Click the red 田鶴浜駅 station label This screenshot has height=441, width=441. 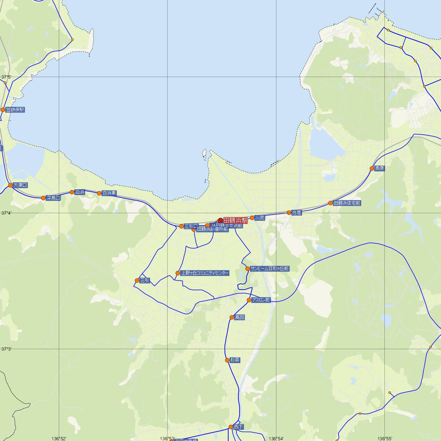click(236, 220)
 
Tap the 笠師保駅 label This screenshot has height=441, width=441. click(15, 110)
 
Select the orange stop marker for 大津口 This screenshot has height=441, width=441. click(10, 185)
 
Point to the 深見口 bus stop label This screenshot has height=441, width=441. click(53, 198)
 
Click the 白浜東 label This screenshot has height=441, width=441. click(109, 193)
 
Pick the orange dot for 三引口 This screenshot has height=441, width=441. click(181, 226)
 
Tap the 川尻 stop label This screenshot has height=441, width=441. click(259, 218)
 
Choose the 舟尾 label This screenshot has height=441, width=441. click(297, 212)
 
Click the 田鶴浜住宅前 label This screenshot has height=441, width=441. click(347, 203)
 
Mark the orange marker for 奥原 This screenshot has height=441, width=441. click(372, 168)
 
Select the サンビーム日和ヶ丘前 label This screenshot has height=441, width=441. click(270, 269)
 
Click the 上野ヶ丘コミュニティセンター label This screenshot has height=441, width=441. click(205, 273)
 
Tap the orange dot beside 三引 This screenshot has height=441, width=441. click(137, 280)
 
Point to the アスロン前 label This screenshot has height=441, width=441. click(261, 300)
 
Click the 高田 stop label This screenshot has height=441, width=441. click(239, 317)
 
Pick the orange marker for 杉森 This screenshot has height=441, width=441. click(227, 360)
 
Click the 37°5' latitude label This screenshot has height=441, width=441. click(6, 77)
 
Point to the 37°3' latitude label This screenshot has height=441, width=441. click(6, 349)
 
